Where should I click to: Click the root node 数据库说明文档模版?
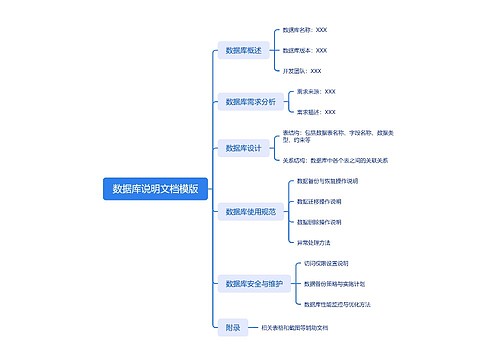pos(155,188)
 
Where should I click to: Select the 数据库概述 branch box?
pos(243,50)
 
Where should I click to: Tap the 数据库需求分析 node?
pos(250,101)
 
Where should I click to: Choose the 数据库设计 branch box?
pos(243,148)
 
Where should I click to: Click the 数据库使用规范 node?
pos(250,212)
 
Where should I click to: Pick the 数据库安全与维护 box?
pos(254,283)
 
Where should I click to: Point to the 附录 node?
pos(232,326)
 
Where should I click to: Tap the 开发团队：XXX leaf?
pos(302,71)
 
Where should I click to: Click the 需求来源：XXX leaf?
pos(316,92)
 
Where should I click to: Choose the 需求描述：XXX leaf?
pos(316,112)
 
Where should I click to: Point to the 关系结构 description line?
pos(335,159)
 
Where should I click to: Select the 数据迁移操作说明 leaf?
pos(320,201)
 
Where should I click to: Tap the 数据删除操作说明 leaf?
pos(320,221)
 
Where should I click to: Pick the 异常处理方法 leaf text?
pos(314,242)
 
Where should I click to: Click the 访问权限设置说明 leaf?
pos(327,263)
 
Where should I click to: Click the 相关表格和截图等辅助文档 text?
pos(294,326)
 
